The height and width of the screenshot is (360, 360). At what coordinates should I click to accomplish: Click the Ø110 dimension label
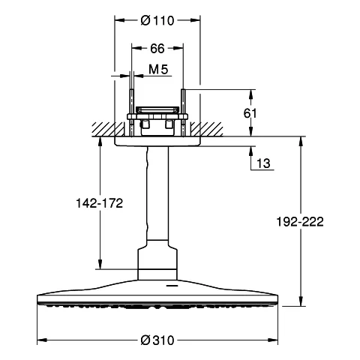157,20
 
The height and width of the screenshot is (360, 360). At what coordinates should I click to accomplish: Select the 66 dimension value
157,49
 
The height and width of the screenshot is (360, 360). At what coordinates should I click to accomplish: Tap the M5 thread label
158,69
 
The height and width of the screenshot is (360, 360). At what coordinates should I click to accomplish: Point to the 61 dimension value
250,113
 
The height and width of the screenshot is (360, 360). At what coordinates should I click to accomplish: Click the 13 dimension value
263,163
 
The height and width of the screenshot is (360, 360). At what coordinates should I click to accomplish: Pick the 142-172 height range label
100,203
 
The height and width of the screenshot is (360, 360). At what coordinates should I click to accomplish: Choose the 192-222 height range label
300,221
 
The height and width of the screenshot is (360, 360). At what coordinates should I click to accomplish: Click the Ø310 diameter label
157,340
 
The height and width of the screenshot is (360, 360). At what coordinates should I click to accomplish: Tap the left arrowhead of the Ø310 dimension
42,340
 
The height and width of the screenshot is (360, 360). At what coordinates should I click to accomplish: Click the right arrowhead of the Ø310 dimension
273,340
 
